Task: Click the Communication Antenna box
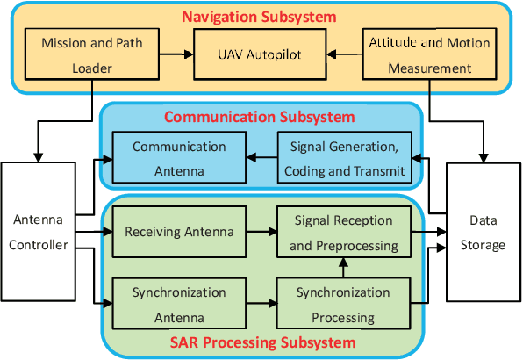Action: coord(179,158)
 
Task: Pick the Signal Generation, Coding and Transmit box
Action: coord(344,158)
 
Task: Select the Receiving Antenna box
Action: coord(180,233)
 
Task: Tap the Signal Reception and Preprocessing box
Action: coord(342,233)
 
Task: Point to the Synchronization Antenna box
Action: coord(179,303)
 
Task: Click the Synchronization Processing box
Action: coord(343,303)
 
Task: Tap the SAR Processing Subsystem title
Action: coord(261,342)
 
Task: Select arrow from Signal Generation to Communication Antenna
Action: coord(261,158)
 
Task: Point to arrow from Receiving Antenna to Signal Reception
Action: coord(261,233)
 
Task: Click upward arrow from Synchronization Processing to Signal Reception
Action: coord(344,267)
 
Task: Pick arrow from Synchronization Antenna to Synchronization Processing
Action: coord(261,303)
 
